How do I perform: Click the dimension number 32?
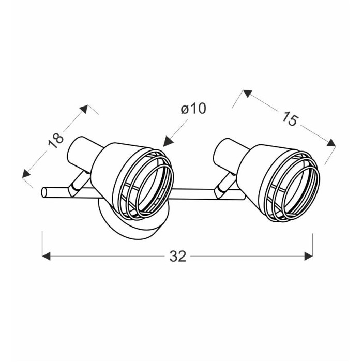click(x=178, y=256)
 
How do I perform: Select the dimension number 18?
click(x=56, y=141)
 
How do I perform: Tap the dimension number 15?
click(x=290, y=118)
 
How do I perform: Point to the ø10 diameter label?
click(x=193, y=109)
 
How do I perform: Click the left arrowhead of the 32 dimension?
click(x=46, y=256)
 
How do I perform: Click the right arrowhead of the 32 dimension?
click(x=308, y=256)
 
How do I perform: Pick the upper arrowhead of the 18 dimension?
click(x=84, y=109)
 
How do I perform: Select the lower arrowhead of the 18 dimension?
click(x=26, y=173)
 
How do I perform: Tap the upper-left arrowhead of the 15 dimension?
click(x=247, y=94)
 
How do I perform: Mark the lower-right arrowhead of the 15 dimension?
click(x=331, y=143)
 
